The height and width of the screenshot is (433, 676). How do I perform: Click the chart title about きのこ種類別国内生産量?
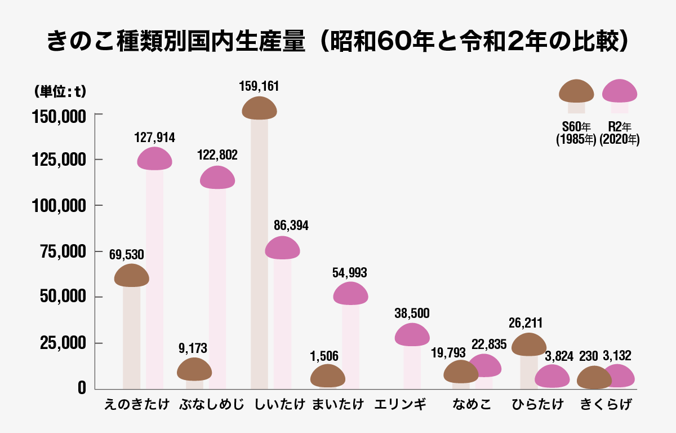coord(337,42)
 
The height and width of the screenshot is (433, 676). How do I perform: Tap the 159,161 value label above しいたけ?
coord(259,87)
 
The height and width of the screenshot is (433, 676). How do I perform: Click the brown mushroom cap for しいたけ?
coord(259,108)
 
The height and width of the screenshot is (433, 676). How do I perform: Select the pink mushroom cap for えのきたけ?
coord(155,159)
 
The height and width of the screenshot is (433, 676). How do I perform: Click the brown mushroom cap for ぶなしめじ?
coord(194,369)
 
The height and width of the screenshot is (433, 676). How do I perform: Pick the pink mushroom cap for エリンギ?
coord(412,335)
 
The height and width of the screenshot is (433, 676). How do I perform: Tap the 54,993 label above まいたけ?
coord(350,273)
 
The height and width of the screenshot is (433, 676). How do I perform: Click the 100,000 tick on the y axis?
coord(58,205)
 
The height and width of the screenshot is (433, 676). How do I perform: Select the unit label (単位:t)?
coord(57,91)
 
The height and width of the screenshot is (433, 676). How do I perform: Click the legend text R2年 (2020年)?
coord(620,134)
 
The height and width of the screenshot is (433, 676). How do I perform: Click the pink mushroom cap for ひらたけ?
coord(552,377)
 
